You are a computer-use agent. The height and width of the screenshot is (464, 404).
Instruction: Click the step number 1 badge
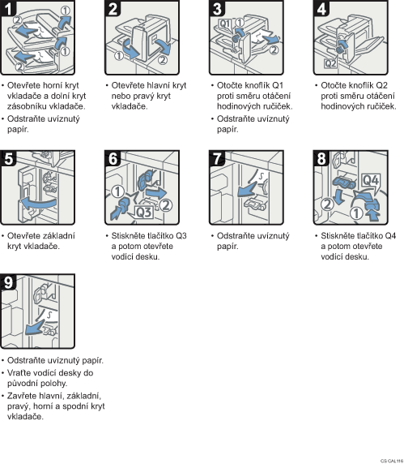pos(8,8)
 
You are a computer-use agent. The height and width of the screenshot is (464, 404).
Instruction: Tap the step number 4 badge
pos(321,8)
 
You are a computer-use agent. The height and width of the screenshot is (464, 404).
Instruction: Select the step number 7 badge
pos(217,158)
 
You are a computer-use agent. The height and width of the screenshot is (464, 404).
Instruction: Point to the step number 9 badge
pos(8,282)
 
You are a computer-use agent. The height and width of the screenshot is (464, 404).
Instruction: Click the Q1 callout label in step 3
pos(225,24)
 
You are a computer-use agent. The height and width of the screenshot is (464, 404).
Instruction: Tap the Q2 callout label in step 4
pos(330,63)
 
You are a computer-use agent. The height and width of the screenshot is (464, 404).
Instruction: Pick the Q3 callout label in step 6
pos(144,212)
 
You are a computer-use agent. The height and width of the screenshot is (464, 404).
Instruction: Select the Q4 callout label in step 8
pos(371,180)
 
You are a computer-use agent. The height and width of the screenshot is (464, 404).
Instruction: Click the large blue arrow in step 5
pos(38,204)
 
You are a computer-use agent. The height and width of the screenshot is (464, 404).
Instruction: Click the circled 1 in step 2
pos(119,56)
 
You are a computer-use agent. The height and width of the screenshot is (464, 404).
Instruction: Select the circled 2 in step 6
pos(166,205)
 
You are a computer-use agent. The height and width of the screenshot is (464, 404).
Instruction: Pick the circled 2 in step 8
pos(327,204)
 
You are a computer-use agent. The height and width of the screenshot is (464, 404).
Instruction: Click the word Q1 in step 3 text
pos(278,85)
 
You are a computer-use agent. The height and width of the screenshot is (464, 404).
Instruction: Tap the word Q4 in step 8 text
pos(389,236)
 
